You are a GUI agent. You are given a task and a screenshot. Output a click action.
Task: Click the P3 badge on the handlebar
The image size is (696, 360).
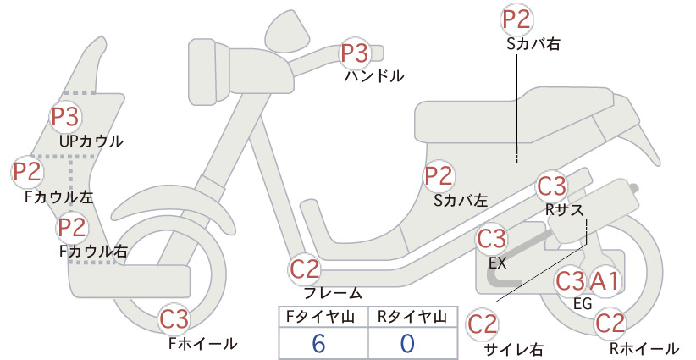point(355,53)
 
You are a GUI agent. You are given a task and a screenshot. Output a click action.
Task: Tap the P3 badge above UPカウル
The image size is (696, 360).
point(65,117)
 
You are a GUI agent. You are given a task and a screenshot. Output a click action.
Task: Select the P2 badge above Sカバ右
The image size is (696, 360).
point(516,19)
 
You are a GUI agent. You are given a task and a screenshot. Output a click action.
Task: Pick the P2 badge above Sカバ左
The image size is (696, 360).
point(439,176)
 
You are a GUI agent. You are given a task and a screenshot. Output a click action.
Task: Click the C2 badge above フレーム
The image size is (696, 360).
point(305,269)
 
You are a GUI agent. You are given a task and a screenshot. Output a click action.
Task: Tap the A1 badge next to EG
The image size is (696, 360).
point(604,280)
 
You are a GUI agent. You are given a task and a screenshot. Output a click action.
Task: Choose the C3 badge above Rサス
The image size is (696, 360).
point(552,186)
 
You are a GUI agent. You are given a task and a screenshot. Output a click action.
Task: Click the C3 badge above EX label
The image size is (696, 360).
point(491,239)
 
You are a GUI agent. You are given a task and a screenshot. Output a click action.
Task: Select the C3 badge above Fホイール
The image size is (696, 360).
point(174,318)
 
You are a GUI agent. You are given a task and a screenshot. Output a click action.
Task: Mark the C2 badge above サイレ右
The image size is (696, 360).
point(482,324)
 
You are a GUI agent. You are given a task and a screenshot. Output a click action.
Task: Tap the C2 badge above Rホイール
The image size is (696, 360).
point(610,324)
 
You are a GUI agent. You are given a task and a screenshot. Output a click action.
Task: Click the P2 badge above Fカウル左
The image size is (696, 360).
point(27,172)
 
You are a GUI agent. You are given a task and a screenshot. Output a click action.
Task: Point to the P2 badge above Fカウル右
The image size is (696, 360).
point(72,227)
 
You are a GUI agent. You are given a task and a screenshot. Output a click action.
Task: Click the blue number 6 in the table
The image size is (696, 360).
point(318,344)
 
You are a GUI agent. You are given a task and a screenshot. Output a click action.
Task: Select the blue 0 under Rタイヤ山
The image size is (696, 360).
point(407,344)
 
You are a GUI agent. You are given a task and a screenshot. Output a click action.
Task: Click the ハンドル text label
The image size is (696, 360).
point(374,76)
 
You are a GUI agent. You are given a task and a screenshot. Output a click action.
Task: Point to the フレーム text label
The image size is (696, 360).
point(333,293)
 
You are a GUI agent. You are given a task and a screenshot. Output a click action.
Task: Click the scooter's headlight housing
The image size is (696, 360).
point(208,71)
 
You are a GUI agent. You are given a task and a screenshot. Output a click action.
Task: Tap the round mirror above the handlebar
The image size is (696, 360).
point(287,28)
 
